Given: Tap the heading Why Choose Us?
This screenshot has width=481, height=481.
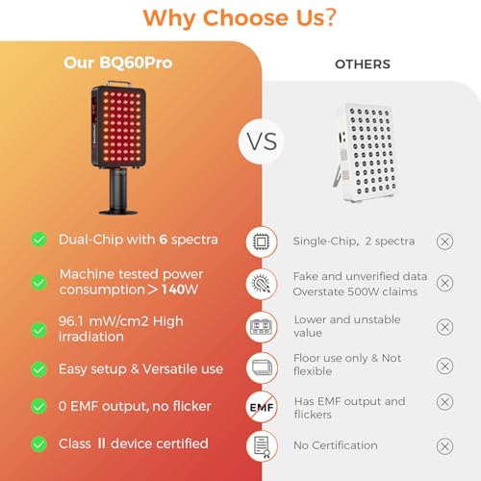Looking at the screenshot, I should [x=240, y=18].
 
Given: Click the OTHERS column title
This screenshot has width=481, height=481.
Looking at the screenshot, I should [x=362, y=64].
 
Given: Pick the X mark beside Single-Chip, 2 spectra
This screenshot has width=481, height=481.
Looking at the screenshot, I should [x=444, y=240].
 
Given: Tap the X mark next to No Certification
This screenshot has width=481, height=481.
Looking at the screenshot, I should [x=444, y=445].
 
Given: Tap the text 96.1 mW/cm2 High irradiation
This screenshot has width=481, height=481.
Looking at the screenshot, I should [x=120, y=327].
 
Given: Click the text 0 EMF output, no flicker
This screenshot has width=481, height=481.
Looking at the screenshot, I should [x=135, y=406].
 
